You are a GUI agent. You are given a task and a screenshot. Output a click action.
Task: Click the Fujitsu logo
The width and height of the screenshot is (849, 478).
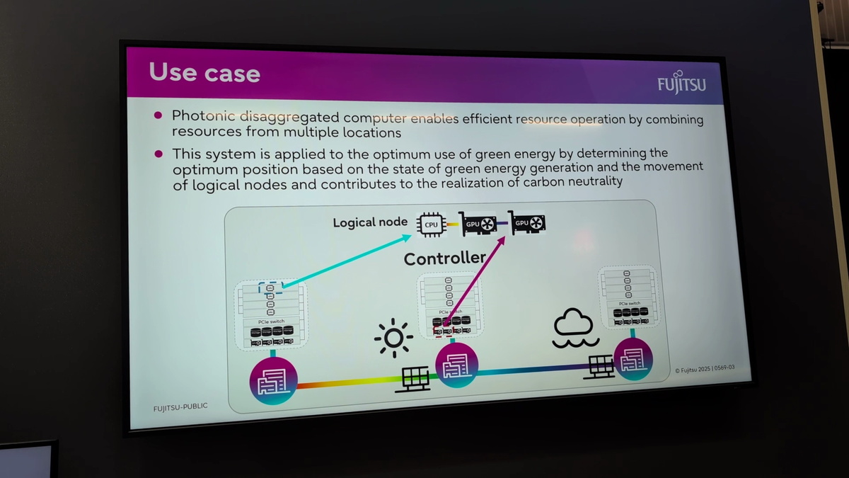[x=681, y=83]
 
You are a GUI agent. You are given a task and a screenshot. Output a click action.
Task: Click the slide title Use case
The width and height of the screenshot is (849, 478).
[x=204, y=73]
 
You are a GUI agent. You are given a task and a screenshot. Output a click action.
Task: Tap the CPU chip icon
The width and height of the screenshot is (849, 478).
[x=431, y=224]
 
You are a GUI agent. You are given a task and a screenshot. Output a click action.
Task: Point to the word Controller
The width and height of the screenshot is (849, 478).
[x=444, y=258]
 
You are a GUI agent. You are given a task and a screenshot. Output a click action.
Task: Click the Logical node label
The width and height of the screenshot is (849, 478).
[x=370, y=222]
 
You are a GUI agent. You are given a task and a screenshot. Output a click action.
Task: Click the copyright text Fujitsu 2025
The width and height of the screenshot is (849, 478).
[x=704, y=369]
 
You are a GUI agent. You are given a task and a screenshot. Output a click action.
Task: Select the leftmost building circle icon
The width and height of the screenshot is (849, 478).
[x=272, y=383]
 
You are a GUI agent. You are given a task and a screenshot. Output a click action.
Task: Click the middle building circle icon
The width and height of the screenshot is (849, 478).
[x=456, y=366]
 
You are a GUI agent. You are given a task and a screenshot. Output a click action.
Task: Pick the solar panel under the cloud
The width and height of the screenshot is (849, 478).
[x=600, y=365]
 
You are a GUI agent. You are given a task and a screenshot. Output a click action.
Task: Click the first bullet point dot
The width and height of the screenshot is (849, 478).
[x=158, y=115]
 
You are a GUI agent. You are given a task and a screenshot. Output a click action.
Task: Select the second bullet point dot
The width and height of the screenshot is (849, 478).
[x=158, y=153]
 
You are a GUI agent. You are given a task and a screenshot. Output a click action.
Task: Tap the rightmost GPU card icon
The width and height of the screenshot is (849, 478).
[x=528, y=224]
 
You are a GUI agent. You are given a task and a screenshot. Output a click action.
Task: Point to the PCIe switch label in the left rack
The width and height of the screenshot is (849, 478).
[x=272, y=321]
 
